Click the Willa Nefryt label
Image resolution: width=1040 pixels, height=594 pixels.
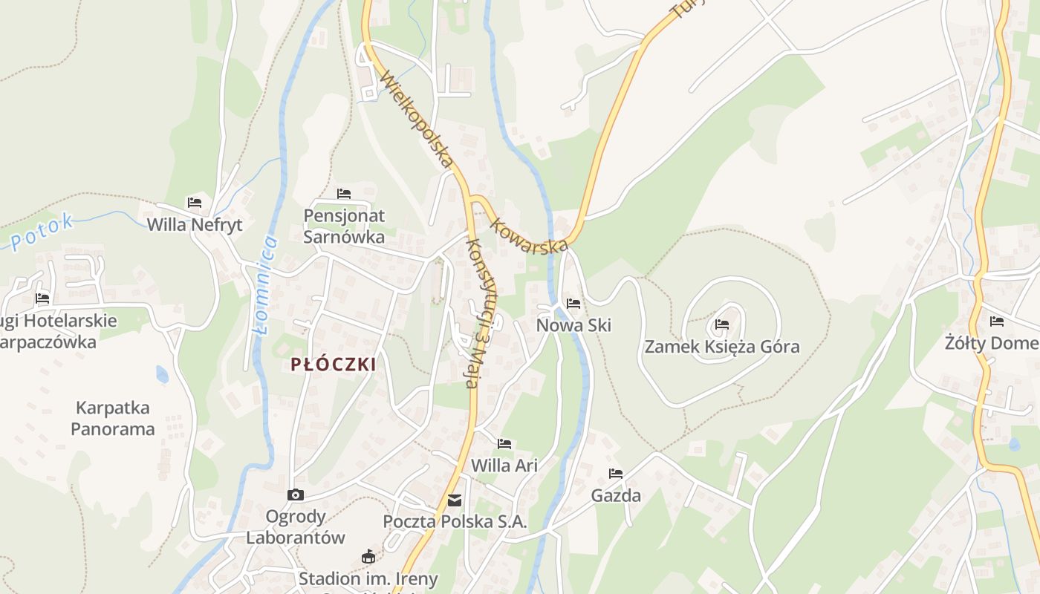coord(195,224)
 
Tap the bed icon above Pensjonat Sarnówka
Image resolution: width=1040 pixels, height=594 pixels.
coord(344,194)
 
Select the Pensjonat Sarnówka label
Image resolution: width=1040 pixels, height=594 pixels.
coord(344,226)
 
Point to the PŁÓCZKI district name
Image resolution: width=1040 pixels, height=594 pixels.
coord(334,365)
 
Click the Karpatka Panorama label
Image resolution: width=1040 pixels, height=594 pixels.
coord(113,418)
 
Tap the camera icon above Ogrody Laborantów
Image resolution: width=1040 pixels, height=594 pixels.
coord(295,495)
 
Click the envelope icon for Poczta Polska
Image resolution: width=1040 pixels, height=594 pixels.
coord(455,500)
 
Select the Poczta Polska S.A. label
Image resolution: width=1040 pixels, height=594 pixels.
coord(455,521)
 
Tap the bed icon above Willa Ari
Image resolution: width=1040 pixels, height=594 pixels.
coord(504,444)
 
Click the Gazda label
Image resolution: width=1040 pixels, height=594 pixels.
coord(616,495)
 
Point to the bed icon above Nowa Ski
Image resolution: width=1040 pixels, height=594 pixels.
coord(573,303)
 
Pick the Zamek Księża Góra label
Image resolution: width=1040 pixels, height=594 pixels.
coord(722,346)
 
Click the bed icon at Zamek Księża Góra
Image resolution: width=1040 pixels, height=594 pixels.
coord(721,324)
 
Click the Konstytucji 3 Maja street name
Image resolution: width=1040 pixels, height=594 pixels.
coord(482,313)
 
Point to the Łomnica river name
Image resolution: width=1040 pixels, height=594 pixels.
coord(265,285)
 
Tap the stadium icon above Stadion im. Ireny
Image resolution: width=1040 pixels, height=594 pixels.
coord(368,556)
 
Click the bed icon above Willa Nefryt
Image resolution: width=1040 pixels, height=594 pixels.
coord(195,202)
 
